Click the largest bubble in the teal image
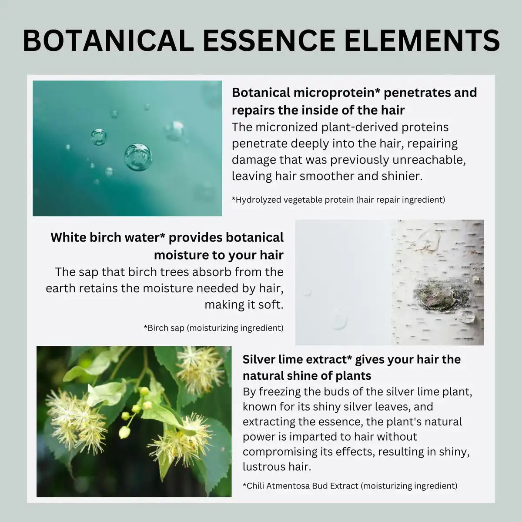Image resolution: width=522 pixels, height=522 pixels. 138,157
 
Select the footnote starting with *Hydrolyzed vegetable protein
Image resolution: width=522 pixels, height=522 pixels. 338,200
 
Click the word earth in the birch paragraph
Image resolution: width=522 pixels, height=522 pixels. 59,288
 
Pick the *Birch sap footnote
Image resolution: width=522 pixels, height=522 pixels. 213,328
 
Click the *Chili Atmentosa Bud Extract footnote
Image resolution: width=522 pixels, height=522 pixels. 350,485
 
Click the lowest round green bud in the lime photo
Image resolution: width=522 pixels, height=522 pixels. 125,432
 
